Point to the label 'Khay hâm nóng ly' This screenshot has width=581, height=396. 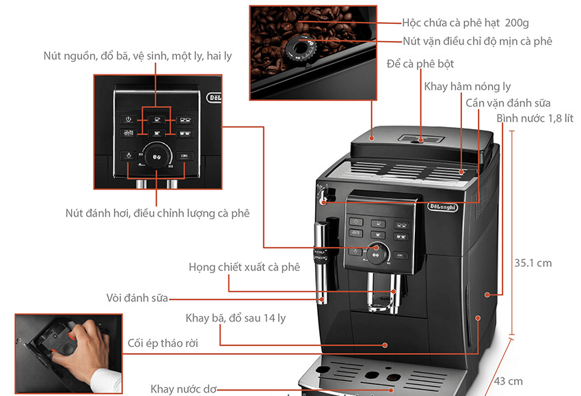(x=468, y=87)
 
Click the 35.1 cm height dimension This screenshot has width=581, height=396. (x=532, y=263)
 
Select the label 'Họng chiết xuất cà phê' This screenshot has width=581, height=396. (x=244, y=267)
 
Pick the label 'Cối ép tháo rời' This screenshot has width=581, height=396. (x=163, y=343)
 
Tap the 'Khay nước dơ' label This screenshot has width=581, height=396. (x=183, y=388)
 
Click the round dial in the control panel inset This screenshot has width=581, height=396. (x=156, y=155)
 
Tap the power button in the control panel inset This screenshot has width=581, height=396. (x=129, y=119)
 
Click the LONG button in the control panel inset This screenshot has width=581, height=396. (x=183, y=156)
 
